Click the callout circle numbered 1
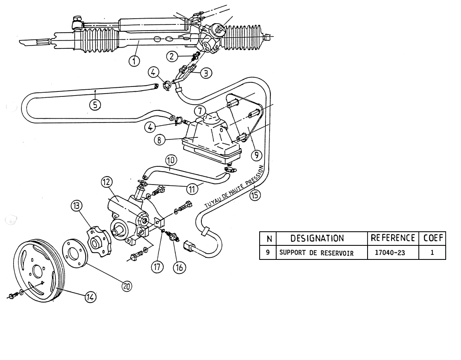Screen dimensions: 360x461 coord(134,62)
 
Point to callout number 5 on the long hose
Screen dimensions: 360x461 coord(96,105)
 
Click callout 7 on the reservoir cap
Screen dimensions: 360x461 coord(200,111)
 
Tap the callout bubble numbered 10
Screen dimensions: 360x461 coord(171,160)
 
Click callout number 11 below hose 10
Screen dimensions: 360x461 coord(191,189)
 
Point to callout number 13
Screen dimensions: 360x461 coord(76,206)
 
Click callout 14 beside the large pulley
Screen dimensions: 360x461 coord(90,297)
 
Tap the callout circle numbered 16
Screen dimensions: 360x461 coord(179,267)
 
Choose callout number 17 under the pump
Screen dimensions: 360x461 coord(157,267)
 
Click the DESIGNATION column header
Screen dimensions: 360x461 coord(317,238)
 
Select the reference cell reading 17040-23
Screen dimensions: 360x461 coord(393,253)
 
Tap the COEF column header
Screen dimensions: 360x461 coord(432,238)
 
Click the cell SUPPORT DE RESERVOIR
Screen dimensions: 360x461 coord(317,253)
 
